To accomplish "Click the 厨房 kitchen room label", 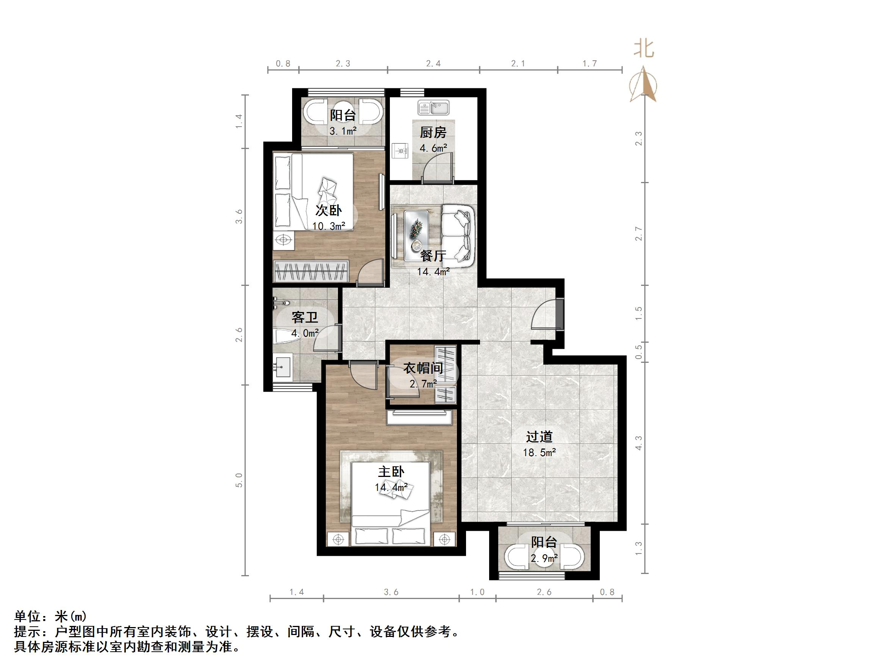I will pos(433,132).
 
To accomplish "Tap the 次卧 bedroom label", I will pos(328,210).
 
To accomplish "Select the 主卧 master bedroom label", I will pos(391,472).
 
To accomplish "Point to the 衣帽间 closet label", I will pos(423,368).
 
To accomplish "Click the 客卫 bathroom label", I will pos(305,318).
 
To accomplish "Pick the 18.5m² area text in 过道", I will pos(539,453).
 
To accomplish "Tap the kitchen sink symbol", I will pos(433,108).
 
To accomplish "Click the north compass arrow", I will pos(643,85).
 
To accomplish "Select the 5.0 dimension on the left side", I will pos(239,480).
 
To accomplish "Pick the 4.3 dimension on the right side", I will pos(638,443).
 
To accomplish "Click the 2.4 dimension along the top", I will pos(433,64).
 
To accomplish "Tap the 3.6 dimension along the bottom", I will pos(391,592).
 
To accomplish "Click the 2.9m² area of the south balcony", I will pos(544,558).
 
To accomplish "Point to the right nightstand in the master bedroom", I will pos(444,539).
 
